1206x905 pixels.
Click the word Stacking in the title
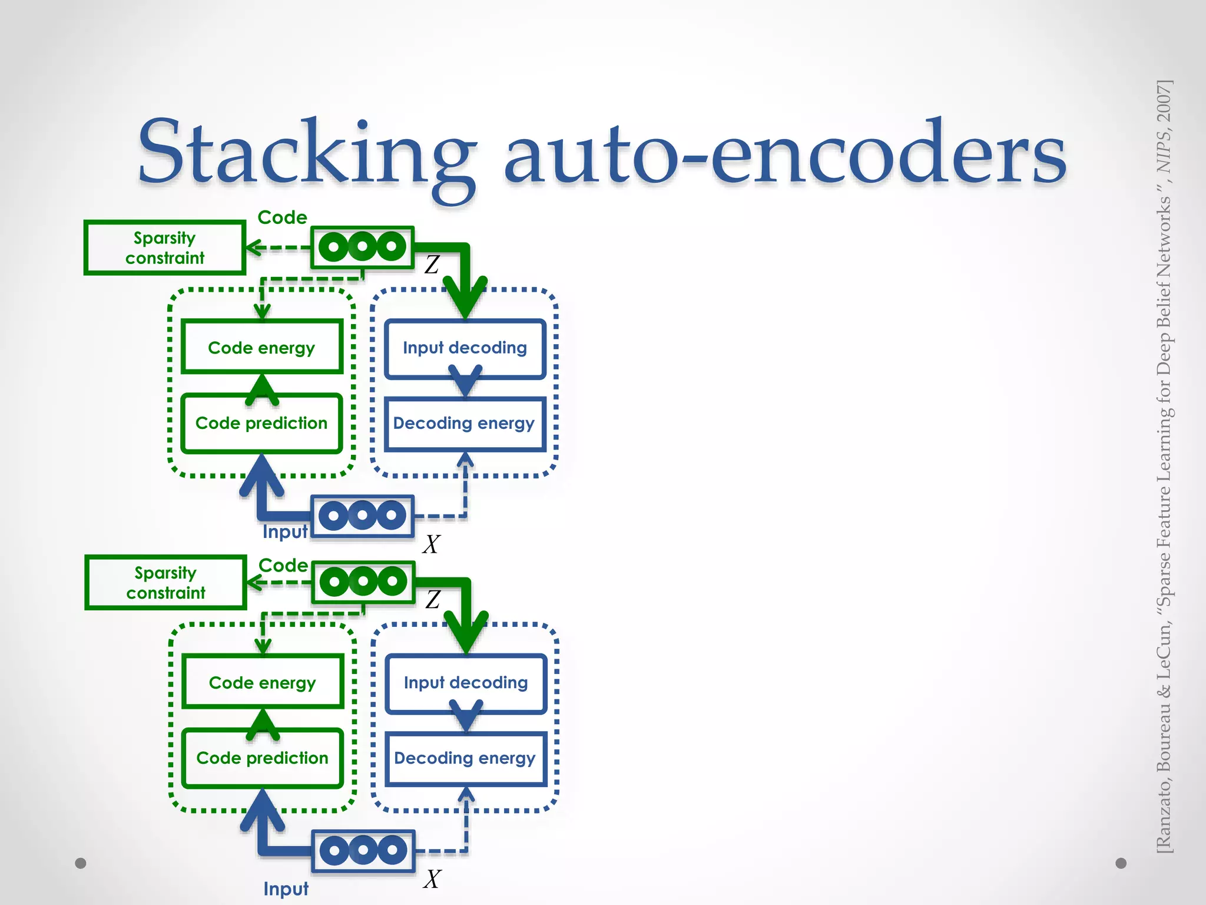click(x=306, y=153)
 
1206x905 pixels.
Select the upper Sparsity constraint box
click(x=165, y=247)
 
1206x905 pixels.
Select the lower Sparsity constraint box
click(x=165, y=582)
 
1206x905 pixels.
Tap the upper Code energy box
click(x=262, y=348)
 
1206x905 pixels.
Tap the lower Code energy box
click(x=263, y=682)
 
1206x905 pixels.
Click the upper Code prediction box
click(x=262, y=423)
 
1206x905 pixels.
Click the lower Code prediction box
click(x=263, y=758)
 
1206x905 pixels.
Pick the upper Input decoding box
click(x=465, y=348)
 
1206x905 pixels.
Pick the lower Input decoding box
click(x=466, y=682)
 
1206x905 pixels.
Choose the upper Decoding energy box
click(x=465, y=424)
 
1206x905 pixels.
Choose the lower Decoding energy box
click(x=465, y=758)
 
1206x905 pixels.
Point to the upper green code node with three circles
click(x=362, y=247)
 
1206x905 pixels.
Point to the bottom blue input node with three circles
click(x=363, y=851)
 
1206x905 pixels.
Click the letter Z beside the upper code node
click(x=432, y=265)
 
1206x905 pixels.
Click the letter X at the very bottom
click(x=432, y=879)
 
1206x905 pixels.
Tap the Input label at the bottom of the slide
click(x=286, y=889)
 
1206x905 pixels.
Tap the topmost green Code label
click(x=283, y=217)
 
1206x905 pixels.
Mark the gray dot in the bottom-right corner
click(x=1121, y=863)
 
